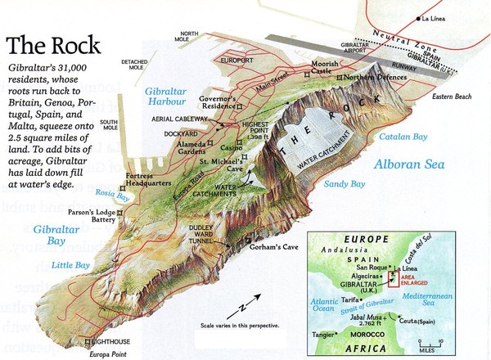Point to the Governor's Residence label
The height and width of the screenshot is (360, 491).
pos(218,102)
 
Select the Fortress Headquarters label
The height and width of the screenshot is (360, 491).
pos(151,187)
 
